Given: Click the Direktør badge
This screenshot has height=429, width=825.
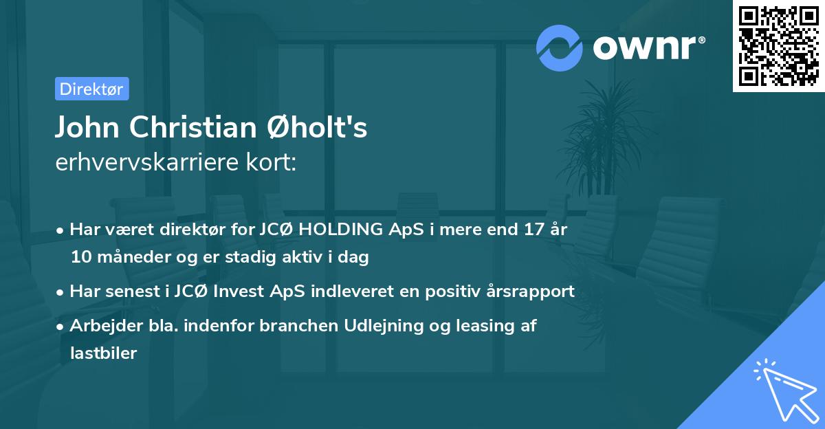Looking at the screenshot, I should (91, 89).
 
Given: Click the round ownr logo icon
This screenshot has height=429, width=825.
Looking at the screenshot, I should (560, 48).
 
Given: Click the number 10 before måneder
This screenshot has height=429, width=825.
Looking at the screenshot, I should (80, 257).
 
